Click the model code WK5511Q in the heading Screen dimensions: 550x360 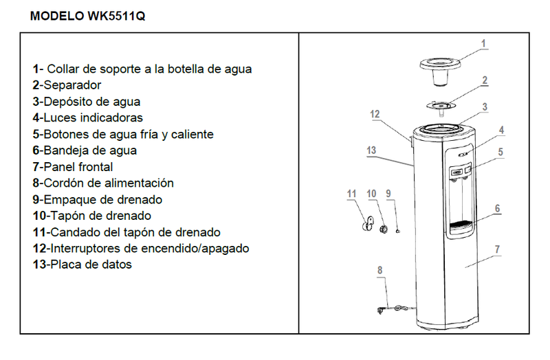pos(116,16)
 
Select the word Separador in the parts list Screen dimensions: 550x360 pos(72,85)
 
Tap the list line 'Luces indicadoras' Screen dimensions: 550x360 pos(88,117)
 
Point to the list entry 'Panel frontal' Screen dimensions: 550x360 pos(73,167)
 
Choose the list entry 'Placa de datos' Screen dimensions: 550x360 pos(82,265)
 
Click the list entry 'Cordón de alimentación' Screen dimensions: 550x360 pos(103,183)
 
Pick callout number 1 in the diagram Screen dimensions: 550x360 pos(483,44)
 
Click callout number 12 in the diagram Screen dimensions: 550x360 pos(375,114)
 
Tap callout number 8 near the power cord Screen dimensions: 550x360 pos(380,270)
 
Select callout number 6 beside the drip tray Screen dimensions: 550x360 pos(497,209)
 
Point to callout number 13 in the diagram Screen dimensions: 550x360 pos(371,150)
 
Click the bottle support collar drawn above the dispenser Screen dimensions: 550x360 pos(440,72)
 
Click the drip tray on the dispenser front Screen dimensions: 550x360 pos(460,228)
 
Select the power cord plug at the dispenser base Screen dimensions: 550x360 pos(380,311)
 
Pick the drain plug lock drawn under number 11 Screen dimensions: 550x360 pos(367,224)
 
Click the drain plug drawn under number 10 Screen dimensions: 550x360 pos(384,229)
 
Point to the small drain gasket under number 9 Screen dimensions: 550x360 pos(398,231)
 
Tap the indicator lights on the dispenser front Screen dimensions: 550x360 pos(463,154)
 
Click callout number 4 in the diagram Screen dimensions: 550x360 pos(502,131)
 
